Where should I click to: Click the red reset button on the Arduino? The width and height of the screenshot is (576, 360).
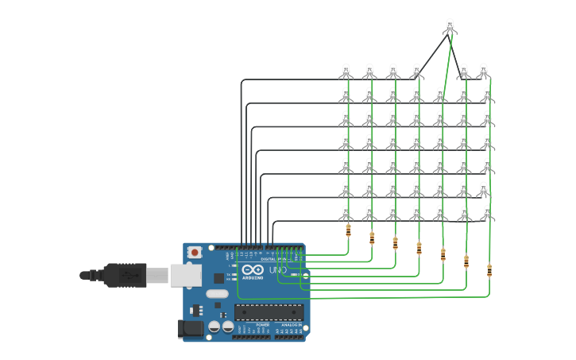click(x=195, y=252)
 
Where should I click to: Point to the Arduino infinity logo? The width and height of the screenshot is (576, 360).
click(x=252, y=269)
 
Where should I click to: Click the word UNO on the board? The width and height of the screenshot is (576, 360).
click(x=277, y=270)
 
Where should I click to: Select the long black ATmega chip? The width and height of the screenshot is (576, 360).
click(x=269, y=314)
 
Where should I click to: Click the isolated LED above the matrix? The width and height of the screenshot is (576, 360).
click(x=450, y=26)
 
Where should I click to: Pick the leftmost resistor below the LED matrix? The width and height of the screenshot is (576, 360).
click(x=348, y=230)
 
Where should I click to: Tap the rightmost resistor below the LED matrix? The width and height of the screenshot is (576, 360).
click(x=489, y=270)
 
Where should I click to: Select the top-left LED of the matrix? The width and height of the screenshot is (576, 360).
click(x=346, y=72)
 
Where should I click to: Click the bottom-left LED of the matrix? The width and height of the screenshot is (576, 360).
click(x=346, y=213)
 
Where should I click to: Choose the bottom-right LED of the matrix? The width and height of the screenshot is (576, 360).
click(x=487, y=213)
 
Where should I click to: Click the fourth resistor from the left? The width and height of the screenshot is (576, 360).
click(x=419, y=248)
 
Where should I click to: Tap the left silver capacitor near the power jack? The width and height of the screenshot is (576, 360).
click(x=215, y=327)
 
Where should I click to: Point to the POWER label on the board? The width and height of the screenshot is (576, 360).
click(x=262, y=325)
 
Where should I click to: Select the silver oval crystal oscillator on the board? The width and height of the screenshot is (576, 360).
click(x=217, y=294)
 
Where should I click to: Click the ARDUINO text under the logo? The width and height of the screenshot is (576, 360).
click(x=252, y=277)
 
